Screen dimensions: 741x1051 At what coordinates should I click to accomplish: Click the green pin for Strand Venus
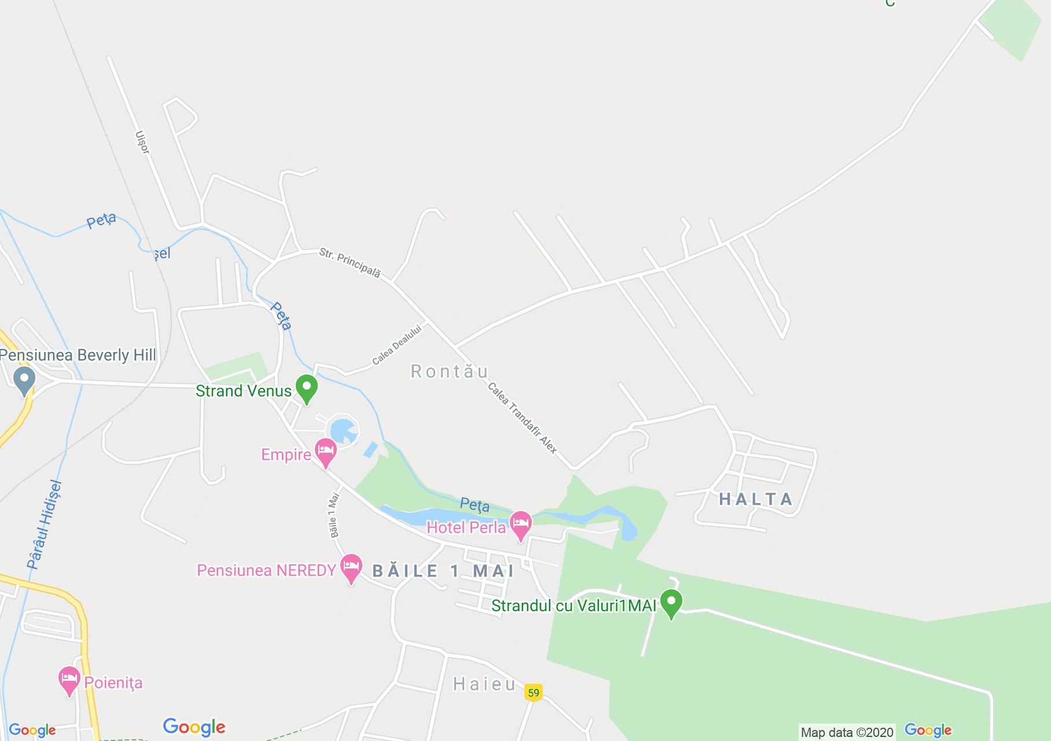tap(307, 388)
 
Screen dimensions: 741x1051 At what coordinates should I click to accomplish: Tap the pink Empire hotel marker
tap(326, 452)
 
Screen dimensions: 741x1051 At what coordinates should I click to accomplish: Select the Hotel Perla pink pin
tap(521, 524)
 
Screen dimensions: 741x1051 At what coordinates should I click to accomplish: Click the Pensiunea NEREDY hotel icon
tap(351, 567)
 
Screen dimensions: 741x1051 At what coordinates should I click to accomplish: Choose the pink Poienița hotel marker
tap(69, 680)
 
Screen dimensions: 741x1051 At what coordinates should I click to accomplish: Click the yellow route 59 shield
tap(534, 692)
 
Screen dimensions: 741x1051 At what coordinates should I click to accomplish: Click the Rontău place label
tap(450, 371)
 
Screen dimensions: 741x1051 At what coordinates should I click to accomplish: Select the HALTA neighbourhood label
tap(756, 499)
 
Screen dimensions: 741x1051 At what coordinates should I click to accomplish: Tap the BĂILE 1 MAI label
tap(443, 571)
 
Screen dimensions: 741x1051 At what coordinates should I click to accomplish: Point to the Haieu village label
tap(484, 684)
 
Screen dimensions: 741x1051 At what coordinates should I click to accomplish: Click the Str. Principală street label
tap(350, 263)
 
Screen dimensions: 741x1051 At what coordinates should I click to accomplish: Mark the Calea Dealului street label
tap(398, 344)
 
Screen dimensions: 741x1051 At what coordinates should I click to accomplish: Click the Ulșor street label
tap(142, 142)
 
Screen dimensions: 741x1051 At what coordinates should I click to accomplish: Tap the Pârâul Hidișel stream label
tap(44, 524)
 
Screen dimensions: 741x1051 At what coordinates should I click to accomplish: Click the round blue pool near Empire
tap(343, 431)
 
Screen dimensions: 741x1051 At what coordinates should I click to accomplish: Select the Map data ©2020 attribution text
tap(847, 733)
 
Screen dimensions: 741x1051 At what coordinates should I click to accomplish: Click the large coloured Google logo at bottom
tap(194, 727)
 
